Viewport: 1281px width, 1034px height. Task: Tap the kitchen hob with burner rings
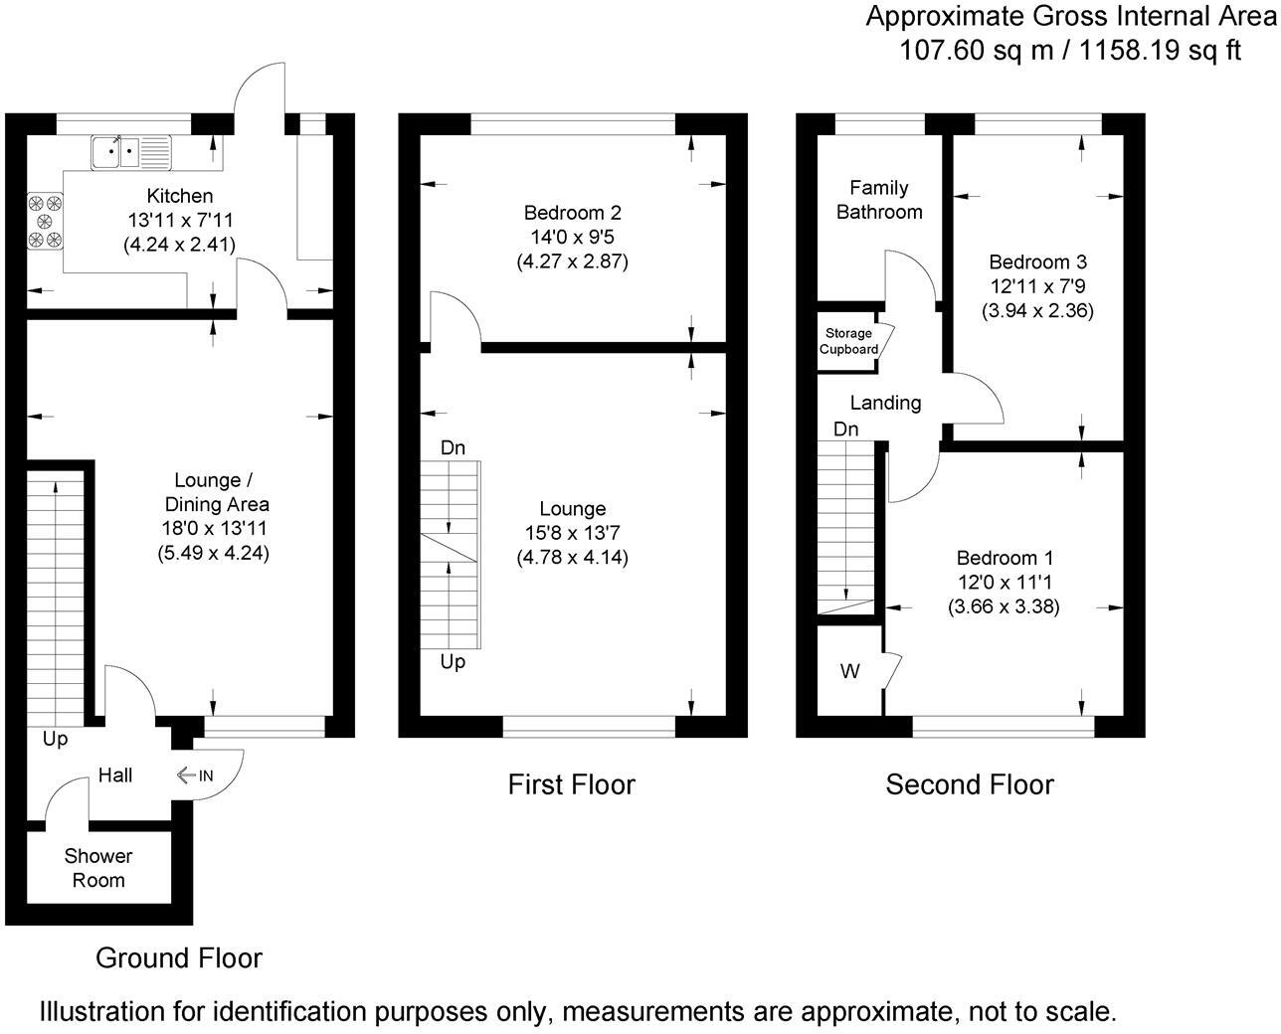(46, 220)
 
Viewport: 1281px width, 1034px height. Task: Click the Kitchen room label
(179, 196)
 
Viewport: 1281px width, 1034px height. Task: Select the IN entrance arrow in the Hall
(194, 775)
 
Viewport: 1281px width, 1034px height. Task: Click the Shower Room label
(98, 868)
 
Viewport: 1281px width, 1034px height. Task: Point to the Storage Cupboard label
(848, 341)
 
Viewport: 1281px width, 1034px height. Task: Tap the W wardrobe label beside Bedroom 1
(849, 672)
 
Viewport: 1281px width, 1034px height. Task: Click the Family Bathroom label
(879, 200)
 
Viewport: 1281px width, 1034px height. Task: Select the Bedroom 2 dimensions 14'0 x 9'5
(572, 238)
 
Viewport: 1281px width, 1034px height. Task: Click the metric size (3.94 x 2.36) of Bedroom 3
(1037, 310)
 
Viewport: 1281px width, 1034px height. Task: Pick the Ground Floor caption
(179, 958)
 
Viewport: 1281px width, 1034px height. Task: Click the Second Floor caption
(970, 784)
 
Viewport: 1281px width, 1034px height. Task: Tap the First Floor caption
(571, 784)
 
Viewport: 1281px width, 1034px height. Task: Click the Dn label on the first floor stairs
(453, 448)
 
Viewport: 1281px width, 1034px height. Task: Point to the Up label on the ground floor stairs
(56, 740)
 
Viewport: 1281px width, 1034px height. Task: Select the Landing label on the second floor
(885, 403)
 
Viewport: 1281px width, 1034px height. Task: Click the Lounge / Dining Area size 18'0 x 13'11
(215, 529)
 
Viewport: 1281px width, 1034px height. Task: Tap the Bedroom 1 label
(1005, 558)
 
